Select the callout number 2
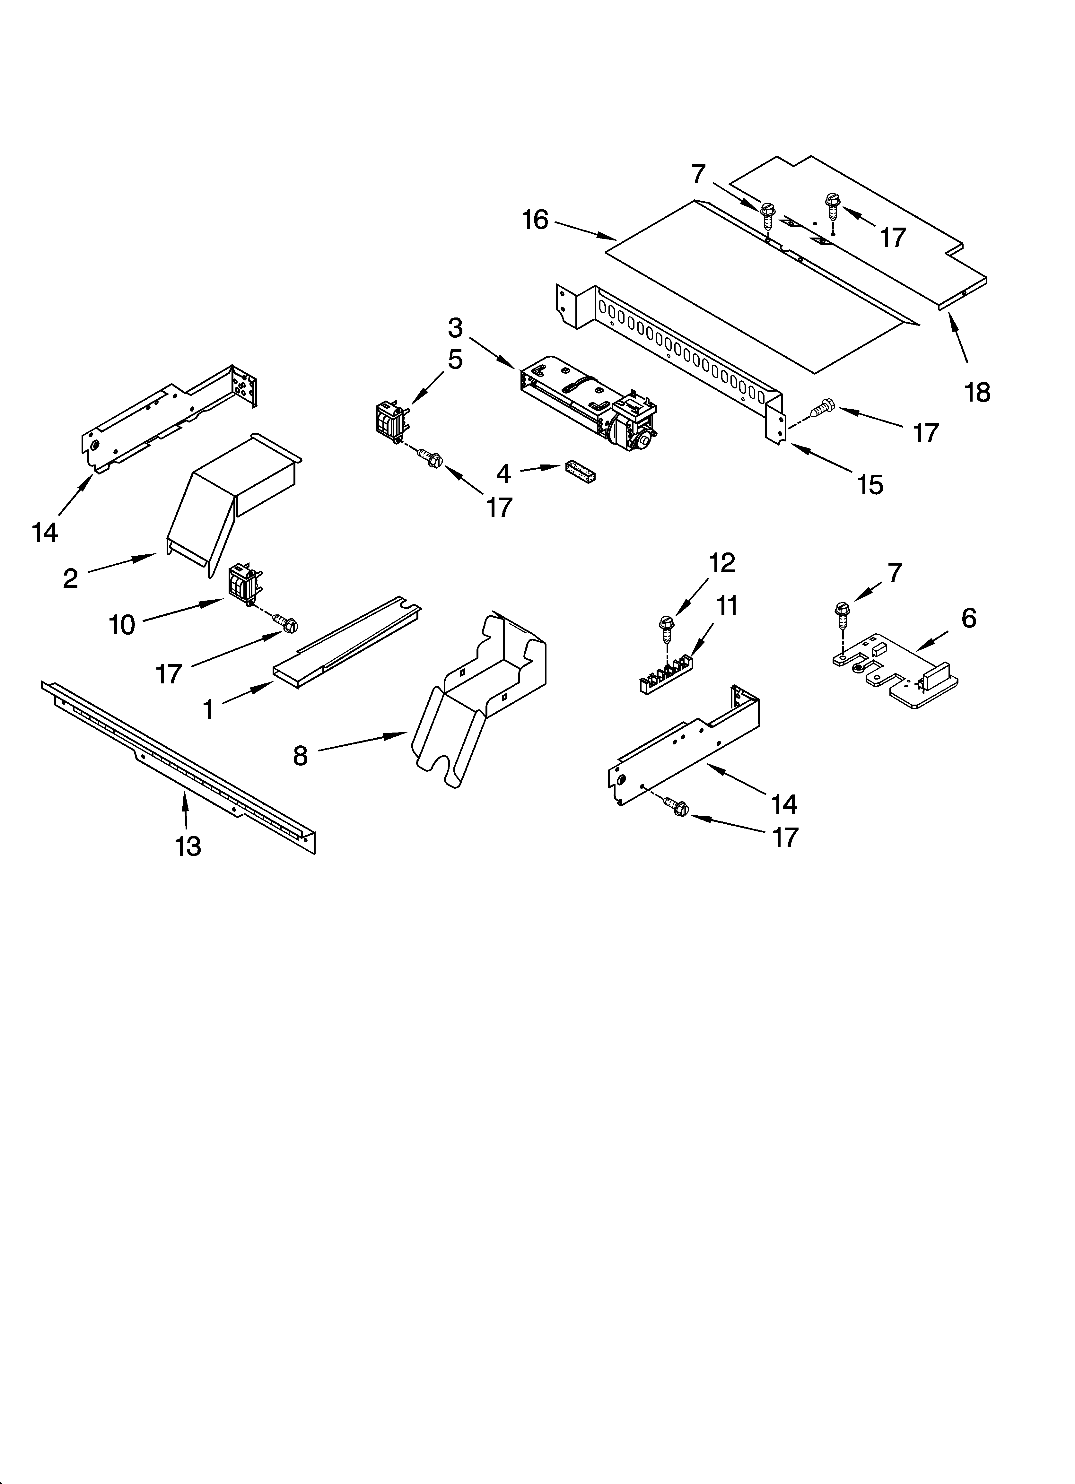[x=71, y=578]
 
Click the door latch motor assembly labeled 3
[x=589, y=406]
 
